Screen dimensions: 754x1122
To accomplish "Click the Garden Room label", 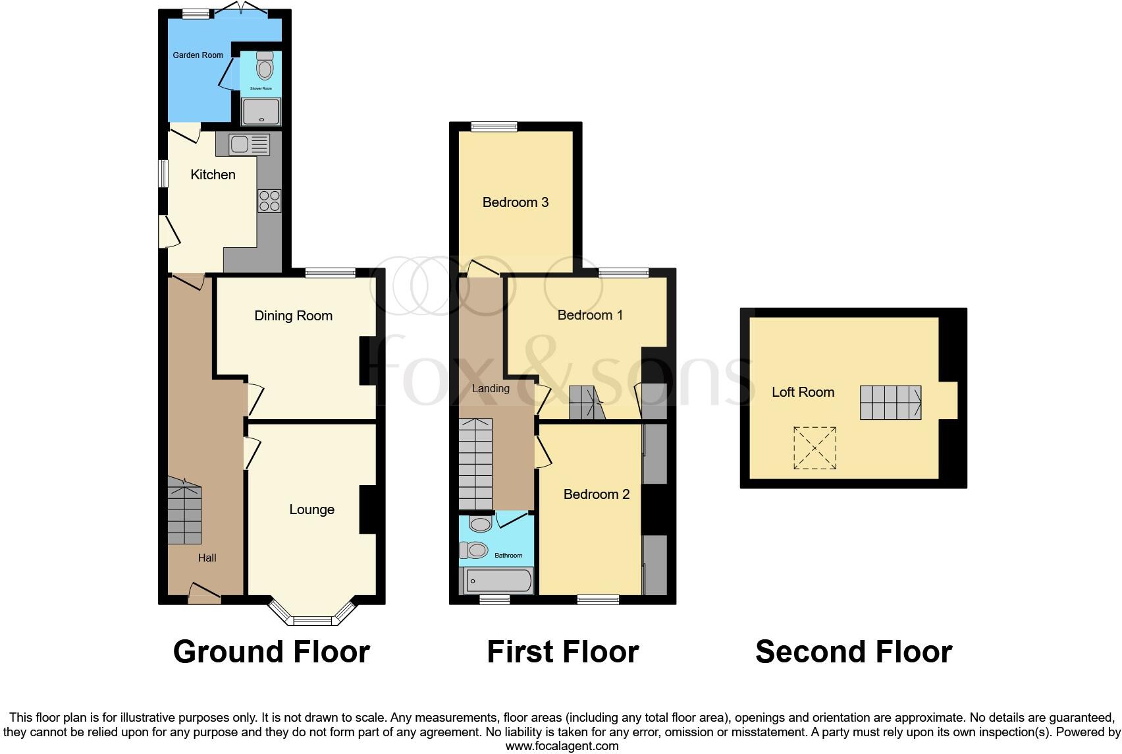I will [x=198, y=55].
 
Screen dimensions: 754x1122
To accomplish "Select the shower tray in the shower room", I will [x=261, y=111].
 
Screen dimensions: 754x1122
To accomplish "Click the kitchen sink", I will [x=241, y=144].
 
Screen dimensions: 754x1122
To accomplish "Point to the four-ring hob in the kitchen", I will [x=269, y=201].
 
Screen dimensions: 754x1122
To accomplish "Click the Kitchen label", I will [x=213, y=175].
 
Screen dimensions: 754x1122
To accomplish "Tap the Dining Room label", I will [x=293, y=316].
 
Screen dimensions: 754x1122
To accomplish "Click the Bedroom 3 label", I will [x=515, y=202].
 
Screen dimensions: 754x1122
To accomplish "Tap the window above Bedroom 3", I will [x=494, y=127].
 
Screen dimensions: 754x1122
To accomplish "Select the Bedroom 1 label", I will [x=590, y=315].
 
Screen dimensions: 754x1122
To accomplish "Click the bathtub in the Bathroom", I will [x=500, y=581].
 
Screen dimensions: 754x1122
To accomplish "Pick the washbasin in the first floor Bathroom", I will [x=481, y=525].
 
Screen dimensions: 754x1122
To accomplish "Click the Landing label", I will [x=491, y=388].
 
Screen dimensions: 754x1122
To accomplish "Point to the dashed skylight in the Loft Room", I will [x=815, y=448].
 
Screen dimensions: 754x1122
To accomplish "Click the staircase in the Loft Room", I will [x=890, y=402].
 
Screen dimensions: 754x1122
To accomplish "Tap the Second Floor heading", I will [x=853, y=652].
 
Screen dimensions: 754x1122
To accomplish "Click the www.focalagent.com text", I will [x=562, y=746].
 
